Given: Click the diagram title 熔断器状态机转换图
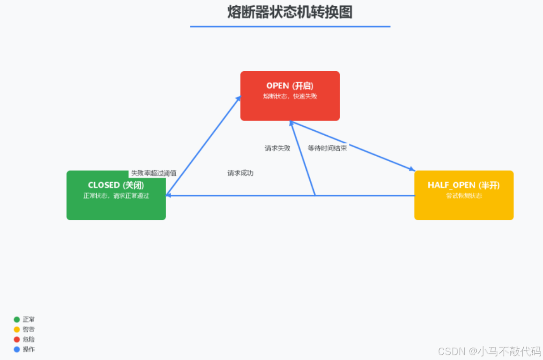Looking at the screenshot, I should click(290, 12).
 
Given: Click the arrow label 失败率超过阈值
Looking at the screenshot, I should click(154, 173).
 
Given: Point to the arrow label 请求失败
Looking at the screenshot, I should click(278, 148).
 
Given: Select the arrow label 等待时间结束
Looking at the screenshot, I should click(327, 148).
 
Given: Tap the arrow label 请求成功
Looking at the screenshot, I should click(240, 173).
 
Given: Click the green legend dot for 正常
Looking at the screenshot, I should click(17, 320).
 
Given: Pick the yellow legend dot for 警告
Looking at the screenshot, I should click(17, 330).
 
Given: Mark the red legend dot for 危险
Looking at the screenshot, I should click(17, 339).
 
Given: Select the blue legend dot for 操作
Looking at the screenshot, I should click(17, 349).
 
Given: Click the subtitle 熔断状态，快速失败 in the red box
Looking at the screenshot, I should click(290, 96).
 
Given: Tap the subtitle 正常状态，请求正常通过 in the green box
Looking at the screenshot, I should click(116, 196).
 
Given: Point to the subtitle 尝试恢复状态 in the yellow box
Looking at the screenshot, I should click(464, 196).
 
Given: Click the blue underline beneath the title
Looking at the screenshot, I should click(290, 26).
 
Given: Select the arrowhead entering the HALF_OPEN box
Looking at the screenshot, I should click(412, 169).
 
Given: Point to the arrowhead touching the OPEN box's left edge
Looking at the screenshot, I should click(239, 98).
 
